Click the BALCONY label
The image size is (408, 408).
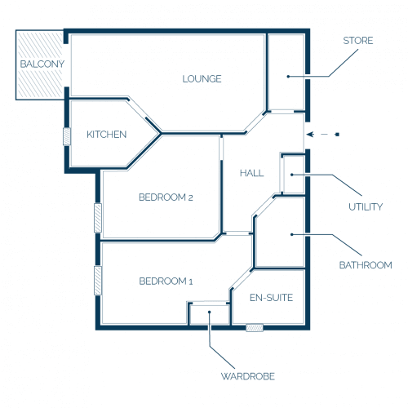(42, 64)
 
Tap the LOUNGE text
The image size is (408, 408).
(202, 79)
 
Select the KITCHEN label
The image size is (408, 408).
(107, 135)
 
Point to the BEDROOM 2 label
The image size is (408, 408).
(166, 197)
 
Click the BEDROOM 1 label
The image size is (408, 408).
(166, 281)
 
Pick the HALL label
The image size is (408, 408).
(252, 173)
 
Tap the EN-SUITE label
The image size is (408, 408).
(271, 298)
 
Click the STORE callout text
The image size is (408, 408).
(358, 41)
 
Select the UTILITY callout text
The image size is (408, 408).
(366, 206)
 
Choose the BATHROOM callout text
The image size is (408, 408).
(366, 265)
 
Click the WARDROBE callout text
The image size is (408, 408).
(248, 376)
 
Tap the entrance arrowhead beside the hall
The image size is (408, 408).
(310, 135)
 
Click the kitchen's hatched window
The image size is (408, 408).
(67, 136)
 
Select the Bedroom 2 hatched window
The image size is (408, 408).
(98, 218)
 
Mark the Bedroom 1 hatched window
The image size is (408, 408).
(98, 281)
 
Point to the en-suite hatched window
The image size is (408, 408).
(255, 327)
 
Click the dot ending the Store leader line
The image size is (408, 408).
(288, 77)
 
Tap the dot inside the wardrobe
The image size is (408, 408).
(210, 312)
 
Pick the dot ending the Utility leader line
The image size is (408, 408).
(292, 175)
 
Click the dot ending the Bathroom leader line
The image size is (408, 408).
(292, 234)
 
